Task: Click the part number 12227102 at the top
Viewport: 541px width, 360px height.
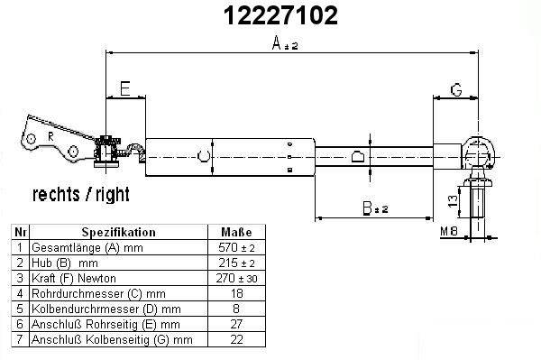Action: (x=280, y=15)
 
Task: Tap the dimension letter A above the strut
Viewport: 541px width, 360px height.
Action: (x=277, y=43)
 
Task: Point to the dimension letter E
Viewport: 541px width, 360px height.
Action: (x=125, y=88)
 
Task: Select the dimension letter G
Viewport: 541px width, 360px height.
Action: (x=456, y=89)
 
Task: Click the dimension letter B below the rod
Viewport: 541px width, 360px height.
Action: (x=367, y=208)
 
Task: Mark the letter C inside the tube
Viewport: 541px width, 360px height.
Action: (x=204, y=156)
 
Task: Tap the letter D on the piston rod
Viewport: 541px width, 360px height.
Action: (x=358, y=156)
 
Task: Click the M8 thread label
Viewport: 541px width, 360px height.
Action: (x=449, y=231)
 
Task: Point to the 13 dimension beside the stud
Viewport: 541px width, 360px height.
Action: (x=453, y=200)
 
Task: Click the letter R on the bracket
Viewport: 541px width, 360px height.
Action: (x=50, y=136)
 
